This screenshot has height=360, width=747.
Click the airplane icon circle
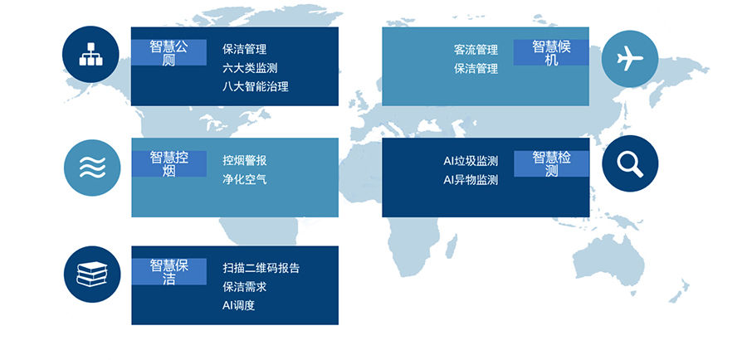click(x=630, y=59)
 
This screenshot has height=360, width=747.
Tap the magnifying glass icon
click(x=630, y=163)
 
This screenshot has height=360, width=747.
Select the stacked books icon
click(x=92, y=275)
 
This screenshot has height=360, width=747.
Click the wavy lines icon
click(x=92, y=168)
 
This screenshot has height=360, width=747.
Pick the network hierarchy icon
click(x=90, y=54)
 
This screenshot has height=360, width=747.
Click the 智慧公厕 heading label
click(x=169, y=53)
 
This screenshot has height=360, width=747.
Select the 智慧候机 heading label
click(x=551, y=53)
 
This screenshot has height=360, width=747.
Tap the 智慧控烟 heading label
click(x=169, y=164)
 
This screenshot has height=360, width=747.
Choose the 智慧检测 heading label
click(x=551, y=164)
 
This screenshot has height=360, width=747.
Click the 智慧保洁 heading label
click(x=169, y=272)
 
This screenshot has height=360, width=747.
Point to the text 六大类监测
click(x=250, y=68)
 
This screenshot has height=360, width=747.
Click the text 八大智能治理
click(x=256, y=86)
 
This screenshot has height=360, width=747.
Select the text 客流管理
click(x=476, y=50)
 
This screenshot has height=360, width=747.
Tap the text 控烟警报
click(x=244, y=160)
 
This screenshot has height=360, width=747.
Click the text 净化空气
click(x=244, y=179)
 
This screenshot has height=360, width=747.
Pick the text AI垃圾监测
click(x=471, y=161)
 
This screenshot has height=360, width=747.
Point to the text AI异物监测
click(x=471, y=180)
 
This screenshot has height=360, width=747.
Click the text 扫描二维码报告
click(x=261, y=268)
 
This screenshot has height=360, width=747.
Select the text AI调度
click(x=239, y=305)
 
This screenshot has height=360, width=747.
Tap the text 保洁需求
click(x=244, y=287)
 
